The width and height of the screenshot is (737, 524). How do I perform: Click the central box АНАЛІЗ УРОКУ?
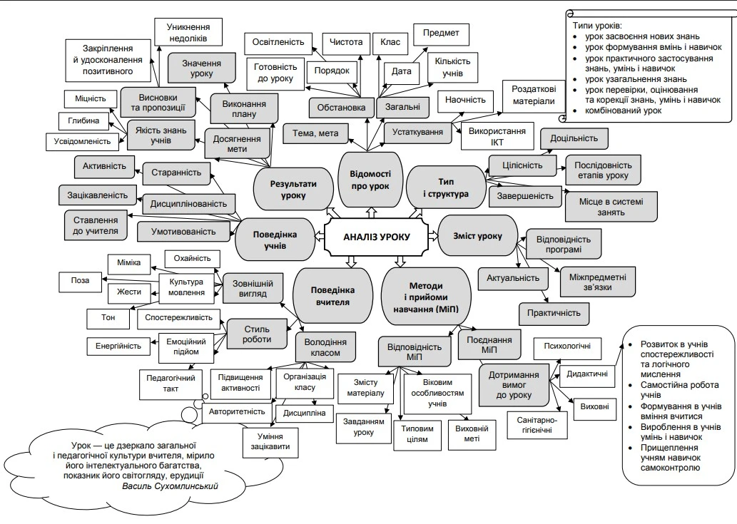[376, 237]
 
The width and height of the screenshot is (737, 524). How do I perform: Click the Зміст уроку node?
[477, 236]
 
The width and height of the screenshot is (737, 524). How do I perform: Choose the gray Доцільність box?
[574, 138]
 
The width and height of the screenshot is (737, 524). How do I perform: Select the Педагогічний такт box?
[171, 384]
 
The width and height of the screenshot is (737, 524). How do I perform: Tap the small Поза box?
[80, 280]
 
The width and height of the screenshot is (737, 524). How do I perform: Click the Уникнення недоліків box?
[186, 32]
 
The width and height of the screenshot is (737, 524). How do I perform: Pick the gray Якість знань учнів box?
[161, 134]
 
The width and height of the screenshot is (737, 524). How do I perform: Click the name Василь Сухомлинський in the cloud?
[171, 486]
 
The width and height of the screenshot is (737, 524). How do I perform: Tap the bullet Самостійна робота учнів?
[671, 389]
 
